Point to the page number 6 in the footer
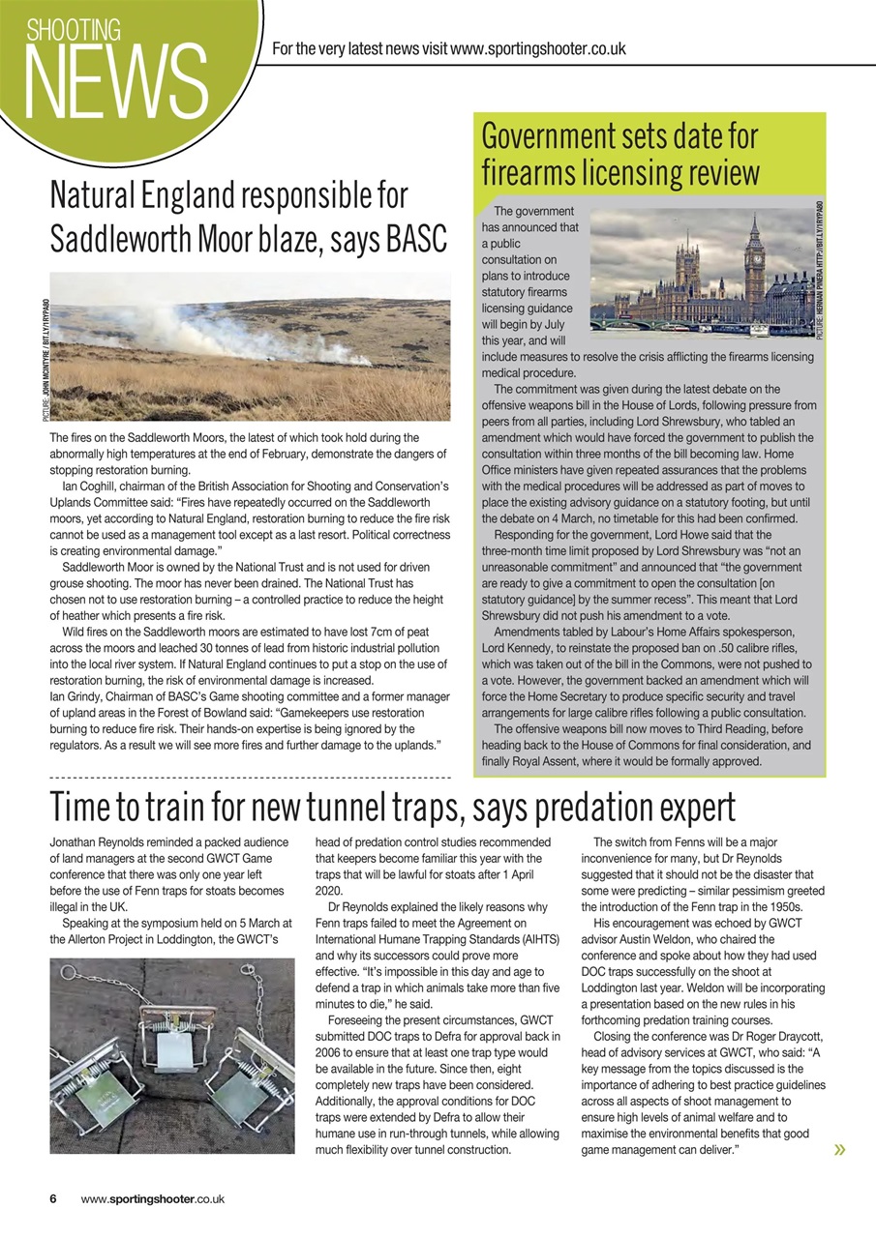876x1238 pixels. (54, 1198)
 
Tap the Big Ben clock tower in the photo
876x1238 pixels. (754, 256)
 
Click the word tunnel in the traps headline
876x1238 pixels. (377, 806)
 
